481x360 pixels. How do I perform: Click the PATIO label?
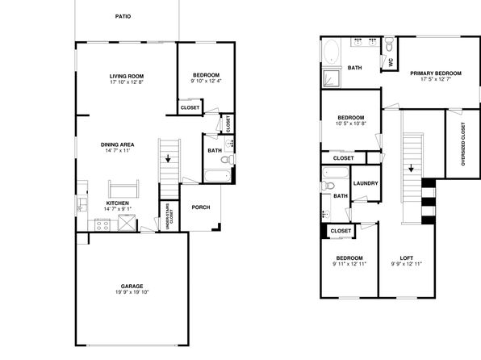point(123,16)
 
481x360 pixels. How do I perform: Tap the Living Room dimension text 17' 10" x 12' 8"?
point(127,82)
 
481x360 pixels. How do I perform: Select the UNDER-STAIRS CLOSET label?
point(169,216)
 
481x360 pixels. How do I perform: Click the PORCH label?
point(201,207)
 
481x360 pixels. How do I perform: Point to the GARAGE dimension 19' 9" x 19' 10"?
point(132,292)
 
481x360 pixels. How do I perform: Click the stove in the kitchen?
point(102,225)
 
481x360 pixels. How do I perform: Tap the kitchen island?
point(123,189)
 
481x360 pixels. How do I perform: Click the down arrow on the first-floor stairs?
point(168,158)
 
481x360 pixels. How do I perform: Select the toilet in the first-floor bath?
point(228,159)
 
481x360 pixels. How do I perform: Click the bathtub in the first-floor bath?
point(217,176)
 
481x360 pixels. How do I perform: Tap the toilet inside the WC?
point(389,44)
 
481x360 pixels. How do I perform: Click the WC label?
point(391,62)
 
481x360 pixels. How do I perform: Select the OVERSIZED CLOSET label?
point(463,144)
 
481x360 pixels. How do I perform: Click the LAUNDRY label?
point(366,183)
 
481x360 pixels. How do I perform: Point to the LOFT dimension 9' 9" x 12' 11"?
point(407,264)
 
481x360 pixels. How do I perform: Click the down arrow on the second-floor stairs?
point(411,168)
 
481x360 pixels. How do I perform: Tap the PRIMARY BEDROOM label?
point(436,73)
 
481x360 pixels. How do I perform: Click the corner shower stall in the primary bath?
point(332,78)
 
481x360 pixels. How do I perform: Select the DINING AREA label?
point(118,144)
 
